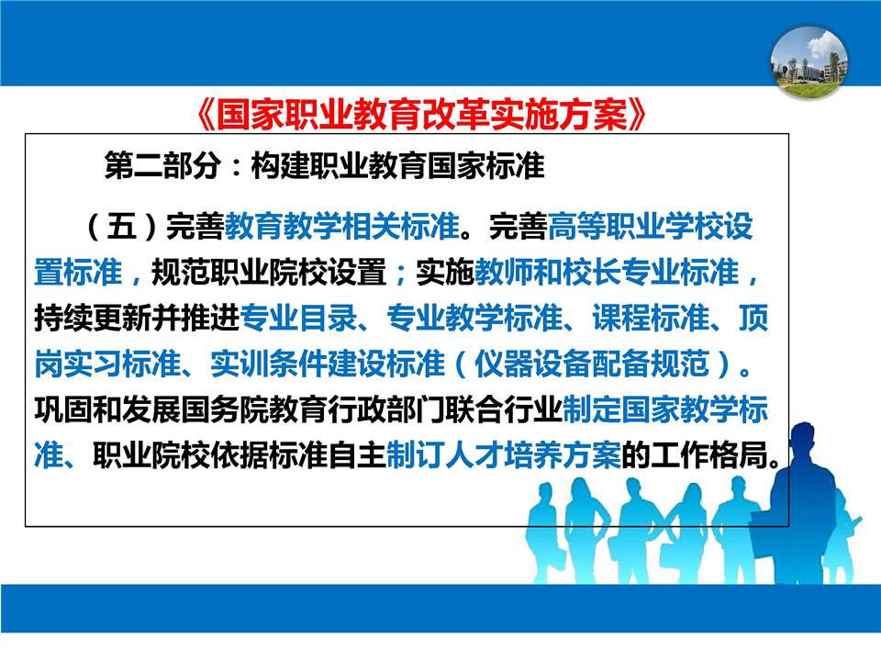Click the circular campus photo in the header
pos(809,62)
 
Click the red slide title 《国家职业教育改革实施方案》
pos(422,115)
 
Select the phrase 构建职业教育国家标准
pos(397,165)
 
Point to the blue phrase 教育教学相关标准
pos(342,227)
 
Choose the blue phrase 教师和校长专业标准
pos(607,272)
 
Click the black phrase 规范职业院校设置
pos(269,272)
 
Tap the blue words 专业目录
pos(297,318)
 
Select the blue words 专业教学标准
pos(474,318)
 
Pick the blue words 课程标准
pos(651,318)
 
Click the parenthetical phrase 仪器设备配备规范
pos(592,364)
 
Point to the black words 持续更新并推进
pos(137,318)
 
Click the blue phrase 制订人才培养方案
pos(504,454)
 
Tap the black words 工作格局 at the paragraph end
pos(709,454)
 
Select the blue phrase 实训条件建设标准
pos(328,364)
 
